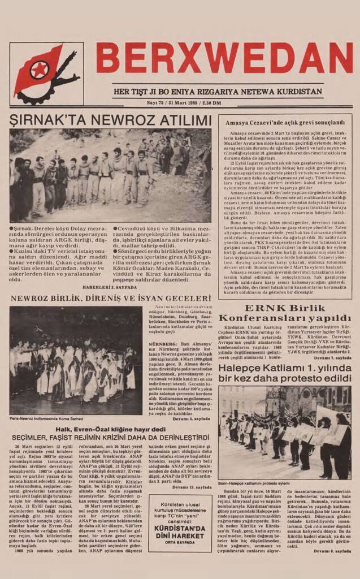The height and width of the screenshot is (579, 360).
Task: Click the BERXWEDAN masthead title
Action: (x=224, y=59)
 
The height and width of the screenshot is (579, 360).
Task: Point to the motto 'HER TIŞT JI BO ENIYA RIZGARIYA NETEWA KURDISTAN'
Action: (x=218, y=92)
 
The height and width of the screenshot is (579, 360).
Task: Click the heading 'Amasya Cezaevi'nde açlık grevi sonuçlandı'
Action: (x=285, y=122)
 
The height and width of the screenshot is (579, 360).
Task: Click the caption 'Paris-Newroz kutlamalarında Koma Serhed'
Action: (x=47, y=419)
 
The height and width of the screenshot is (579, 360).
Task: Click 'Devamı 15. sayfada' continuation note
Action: (x=192, y=487)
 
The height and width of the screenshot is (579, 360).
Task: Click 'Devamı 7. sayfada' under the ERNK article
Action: (x=332, y=358)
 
